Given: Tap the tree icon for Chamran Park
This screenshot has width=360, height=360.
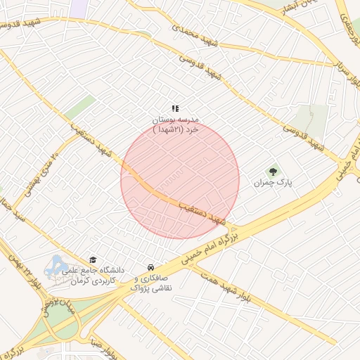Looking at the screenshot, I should click(x=273, y=171).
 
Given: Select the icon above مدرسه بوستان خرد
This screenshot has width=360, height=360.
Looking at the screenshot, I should click(x=176, y=108).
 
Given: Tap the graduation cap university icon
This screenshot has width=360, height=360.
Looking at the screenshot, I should click(x=93, y=260).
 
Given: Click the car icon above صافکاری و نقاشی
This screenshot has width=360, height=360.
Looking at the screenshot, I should click(x=150, y=267).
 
